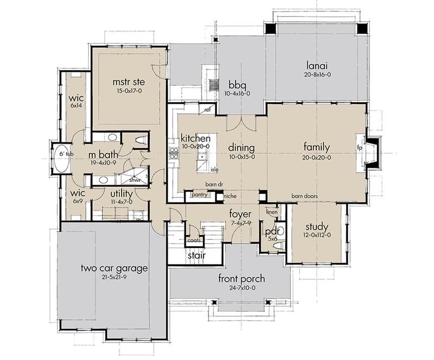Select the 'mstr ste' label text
129,82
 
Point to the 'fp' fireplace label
360,148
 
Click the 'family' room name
317,147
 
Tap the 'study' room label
317,227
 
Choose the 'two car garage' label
114,268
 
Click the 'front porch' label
241,278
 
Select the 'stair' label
196,255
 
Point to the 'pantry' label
199,195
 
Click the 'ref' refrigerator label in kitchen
208,110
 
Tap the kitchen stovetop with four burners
174,154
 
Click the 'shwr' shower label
135,180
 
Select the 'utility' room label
122,194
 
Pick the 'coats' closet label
194,241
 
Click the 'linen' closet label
272,212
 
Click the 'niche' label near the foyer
230,196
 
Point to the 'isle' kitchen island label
214,169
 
